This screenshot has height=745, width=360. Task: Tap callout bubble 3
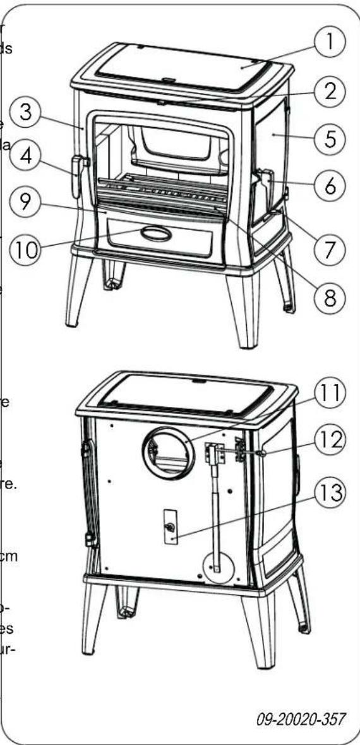[27, 114]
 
